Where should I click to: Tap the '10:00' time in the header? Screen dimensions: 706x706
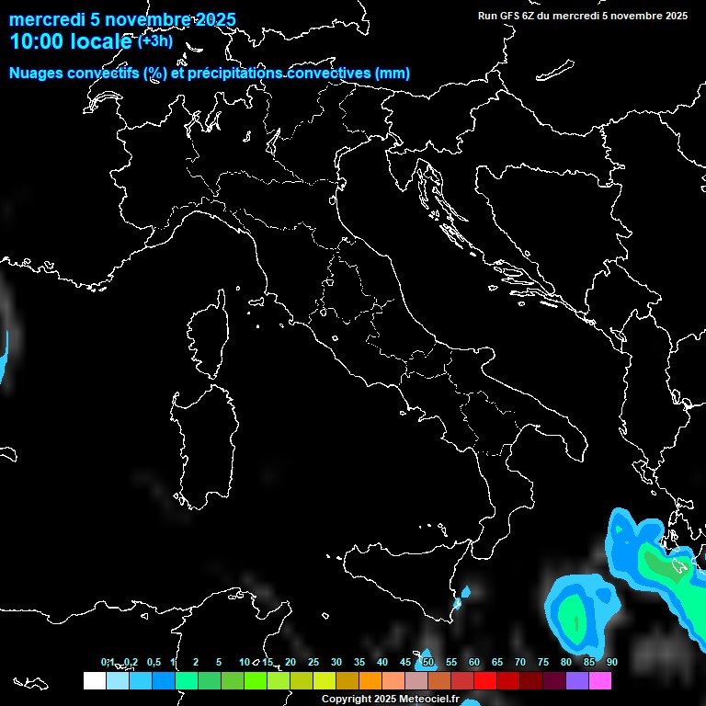click(x=38, y=41)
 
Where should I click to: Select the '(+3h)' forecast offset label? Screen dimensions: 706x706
click(x=155, y=41)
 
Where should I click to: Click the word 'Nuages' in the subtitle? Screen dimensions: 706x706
click(x=36, y=74)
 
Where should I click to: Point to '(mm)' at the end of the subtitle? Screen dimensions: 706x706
click(x=393, y=74)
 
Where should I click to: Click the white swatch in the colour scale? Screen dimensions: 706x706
click(x=94, y=680)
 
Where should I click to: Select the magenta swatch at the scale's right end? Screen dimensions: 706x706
click(x=600, y=680)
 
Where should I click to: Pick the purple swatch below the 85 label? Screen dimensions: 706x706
click(x=577, y=680)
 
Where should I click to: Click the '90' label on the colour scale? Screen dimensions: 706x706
click(x=611, y=663)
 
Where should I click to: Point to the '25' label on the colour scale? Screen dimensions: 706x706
click(x=313, y=663)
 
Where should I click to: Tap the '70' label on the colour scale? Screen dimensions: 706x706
click(x=520, y=663)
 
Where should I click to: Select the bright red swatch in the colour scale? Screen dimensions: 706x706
click(x=485, y=680)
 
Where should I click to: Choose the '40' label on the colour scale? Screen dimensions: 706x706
click(x=382, y=663)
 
